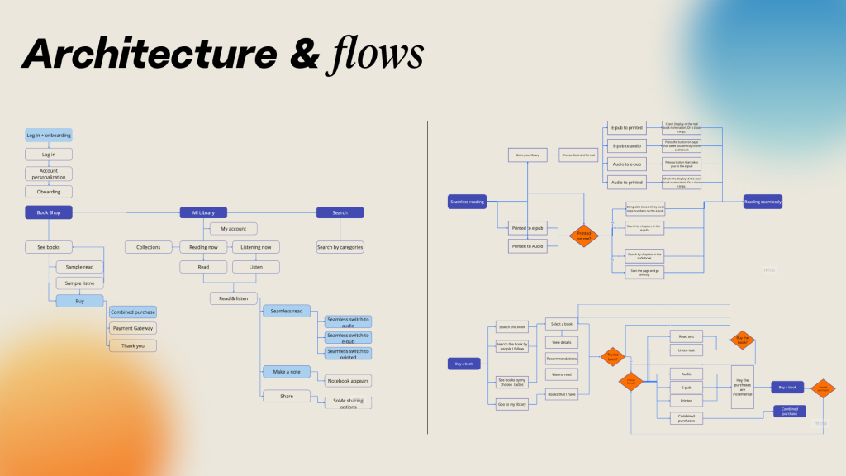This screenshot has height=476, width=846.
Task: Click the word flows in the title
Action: click(x=379, y=54)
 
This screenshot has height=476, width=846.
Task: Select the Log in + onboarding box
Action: click(x=49, y=136)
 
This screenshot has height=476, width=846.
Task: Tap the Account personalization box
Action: click(x=49, y=174)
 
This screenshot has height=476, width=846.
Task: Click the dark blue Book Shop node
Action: click(x=49, y=212)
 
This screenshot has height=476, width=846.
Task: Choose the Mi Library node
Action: click(x=203, y=212)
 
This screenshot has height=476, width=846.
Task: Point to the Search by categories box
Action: click(x=340, y=246)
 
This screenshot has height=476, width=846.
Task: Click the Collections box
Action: click(x=149, y=246)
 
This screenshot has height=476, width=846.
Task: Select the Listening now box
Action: click(x=255, y=246)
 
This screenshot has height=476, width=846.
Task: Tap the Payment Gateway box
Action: click(x=132, y=328)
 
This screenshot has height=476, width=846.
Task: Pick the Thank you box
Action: click(x=132, y=345)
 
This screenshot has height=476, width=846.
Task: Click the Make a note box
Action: click(x=288, y=372)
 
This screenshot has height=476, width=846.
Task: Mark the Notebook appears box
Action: click(x=347, y=381)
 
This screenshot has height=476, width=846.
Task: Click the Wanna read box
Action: click(x=561, y=374)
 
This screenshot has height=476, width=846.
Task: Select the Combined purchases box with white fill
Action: click(x=687, y=419)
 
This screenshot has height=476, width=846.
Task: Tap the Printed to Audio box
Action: click(x=527, y=245)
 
